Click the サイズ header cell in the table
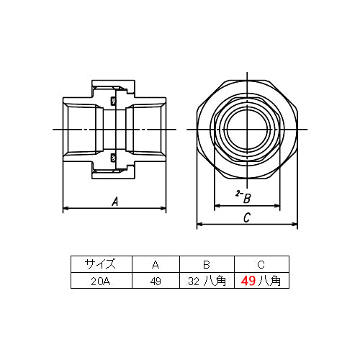click(x=99, y=264)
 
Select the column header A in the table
click(x=154, y=264)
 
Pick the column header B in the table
click(x=207, y=264)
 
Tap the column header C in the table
click(x=261, y=264)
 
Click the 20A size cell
click(x=99, y=282)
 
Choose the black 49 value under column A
click(x=154, y=282)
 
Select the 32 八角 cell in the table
click(x=207, y=282)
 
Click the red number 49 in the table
click(x=248, y=282)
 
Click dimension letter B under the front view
click(x=246, y=197)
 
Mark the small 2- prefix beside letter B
click(x=238, y=194)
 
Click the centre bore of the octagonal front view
click(x=247, y=130)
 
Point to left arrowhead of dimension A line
click(x=66, y=209)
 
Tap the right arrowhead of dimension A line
click(x=165, y=209)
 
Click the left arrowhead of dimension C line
click(x=199, y=224)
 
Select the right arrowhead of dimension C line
click(x=294, y=224)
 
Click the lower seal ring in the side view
click(x=114, y=157)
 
